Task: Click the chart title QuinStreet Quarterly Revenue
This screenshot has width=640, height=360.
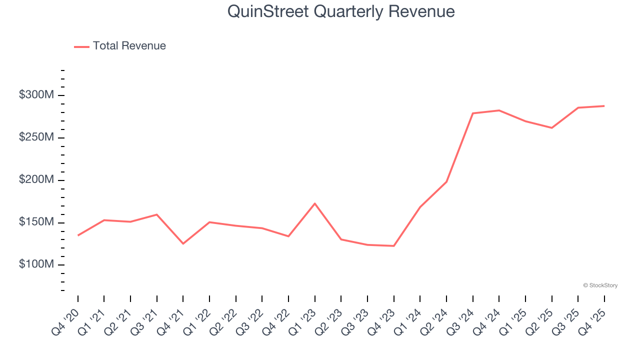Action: [x=341, y=11]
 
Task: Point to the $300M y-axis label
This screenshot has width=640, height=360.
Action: [x=36, y=95]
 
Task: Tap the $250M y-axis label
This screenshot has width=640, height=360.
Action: [x=36, y=137]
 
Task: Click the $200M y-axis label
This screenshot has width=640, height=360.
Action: [x=36, y=180]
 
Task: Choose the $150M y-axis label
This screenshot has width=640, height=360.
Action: [x=36, y=222]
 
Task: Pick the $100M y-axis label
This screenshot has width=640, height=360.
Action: [x=36, y=264]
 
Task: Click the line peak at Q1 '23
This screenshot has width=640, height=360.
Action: [x=315, y=203]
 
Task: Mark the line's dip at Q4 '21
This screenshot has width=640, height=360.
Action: [x=183, y=243]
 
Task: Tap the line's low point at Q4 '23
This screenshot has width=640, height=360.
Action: [x=394, y=246]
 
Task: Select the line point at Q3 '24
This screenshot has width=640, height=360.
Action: [x=473, y=113]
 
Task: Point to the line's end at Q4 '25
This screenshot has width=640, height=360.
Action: [x=604, y=106]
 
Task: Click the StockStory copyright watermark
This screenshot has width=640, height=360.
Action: [x=600, y=285]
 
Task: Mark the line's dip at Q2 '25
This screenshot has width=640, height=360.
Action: [x=552, y=128]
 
